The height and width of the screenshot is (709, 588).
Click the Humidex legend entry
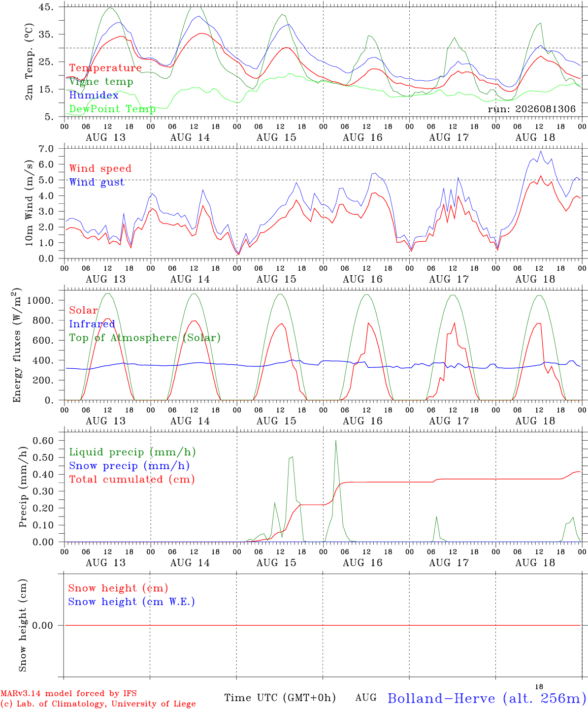94,95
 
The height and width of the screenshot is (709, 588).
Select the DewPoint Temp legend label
112,109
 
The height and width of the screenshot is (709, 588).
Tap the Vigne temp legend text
101,82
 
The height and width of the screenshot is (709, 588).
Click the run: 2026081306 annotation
531,109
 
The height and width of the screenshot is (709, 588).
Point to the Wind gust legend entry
97,182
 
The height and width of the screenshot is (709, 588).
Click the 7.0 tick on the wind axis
46,149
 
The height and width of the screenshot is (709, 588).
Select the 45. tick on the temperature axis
46,7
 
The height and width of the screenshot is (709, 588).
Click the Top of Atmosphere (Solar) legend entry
145,338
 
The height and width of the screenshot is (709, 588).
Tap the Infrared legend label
92,324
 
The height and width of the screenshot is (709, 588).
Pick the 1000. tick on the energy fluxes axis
40,300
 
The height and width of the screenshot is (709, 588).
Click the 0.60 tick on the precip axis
43,441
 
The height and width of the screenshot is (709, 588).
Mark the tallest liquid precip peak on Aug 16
336,441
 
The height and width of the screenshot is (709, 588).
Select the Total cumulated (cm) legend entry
132,480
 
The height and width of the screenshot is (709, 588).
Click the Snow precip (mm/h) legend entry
129,466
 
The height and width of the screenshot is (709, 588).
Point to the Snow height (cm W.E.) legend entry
131,602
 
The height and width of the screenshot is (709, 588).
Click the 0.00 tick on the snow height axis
42,625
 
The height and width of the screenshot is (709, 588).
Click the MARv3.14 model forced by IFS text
68,693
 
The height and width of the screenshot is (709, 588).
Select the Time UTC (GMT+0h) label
280,698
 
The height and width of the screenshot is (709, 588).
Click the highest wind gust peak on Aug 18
541,152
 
